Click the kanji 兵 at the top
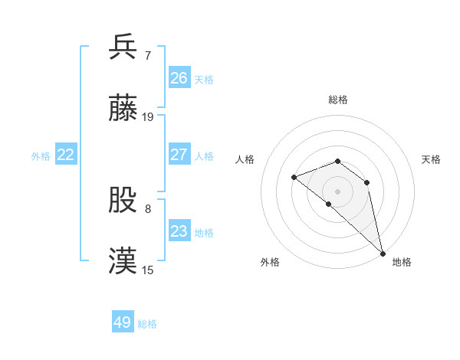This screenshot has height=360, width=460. tap(123, 47)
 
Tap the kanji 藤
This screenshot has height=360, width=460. tap(123, 110)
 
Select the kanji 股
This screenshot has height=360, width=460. tap(123, 200)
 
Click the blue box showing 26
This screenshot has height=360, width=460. tap(179, 77)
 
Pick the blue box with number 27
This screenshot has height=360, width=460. tap(179, 155)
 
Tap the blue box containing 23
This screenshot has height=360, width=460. tap(179, 231)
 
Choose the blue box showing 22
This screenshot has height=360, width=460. tap(66, 155)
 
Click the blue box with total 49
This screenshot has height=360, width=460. tap(123, 322)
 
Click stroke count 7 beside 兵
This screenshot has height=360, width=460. tap(148, 54)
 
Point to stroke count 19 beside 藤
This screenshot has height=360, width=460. tap(148, 117)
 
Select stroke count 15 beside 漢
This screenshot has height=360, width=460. tap(148, 270)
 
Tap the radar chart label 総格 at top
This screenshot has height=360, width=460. tap(337, 100)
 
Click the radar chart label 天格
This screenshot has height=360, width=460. tap(431, 159)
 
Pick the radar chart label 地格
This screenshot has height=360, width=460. tap(402, 262)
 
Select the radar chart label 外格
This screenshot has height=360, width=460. tap(270, 262)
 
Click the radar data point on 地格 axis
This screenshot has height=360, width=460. tap(382, 253)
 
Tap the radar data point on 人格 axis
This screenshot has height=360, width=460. tap(294, 178)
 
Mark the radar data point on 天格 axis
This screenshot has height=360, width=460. tap(367, 182)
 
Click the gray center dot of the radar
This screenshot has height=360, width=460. tap(337, 191)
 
